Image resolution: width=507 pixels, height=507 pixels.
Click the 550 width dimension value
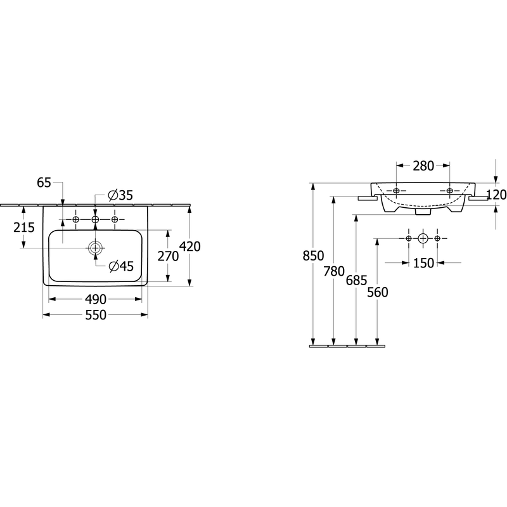point(96,315)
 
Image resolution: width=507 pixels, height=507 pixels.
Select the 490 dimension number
point(96,299)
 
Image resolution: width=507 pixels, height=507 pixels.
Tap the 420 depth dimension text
point(189,247)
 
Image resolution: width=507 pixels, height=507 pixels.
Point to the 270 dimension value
point(168,256)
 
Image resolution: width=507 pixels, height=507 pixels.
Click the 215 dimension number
point(24,228)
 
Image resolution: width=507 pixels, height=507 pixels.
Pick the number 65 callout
point(44,183)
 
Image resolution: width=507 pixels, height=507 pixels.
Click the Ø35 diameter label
point(120,195)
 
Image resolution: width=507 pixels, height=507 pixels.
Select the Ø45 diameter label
point(121,266)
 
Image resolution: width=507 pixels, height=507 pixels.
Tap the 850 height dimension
point(313,256)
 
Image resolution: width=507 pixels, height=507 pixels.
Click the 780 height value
point(334,271)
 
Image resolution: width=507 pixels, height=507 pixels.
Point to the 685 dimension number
point(356,280)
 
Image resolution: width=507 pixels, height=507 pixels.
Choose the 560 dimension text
point(378,292)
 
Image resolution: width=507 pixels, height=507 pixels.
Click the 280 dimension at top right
point(423,166)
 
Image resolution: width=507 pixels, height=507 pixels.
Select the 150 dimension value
point(423,263)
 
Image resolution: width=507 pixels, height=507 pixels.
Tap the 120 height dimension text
point(496,195)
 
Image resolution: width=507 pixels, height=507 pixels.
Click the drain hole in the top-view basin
point(96,248)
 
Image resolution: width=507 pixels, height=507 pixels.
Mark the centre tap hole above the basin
point(95,219)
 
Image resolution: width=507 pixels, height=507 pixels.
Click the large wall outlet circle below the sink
point(423,239)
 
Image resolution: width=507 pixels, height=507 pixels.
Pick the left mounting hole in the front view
point(397,191)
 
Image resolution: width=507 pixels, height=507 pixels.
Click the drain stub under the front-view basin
point(423,212)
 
